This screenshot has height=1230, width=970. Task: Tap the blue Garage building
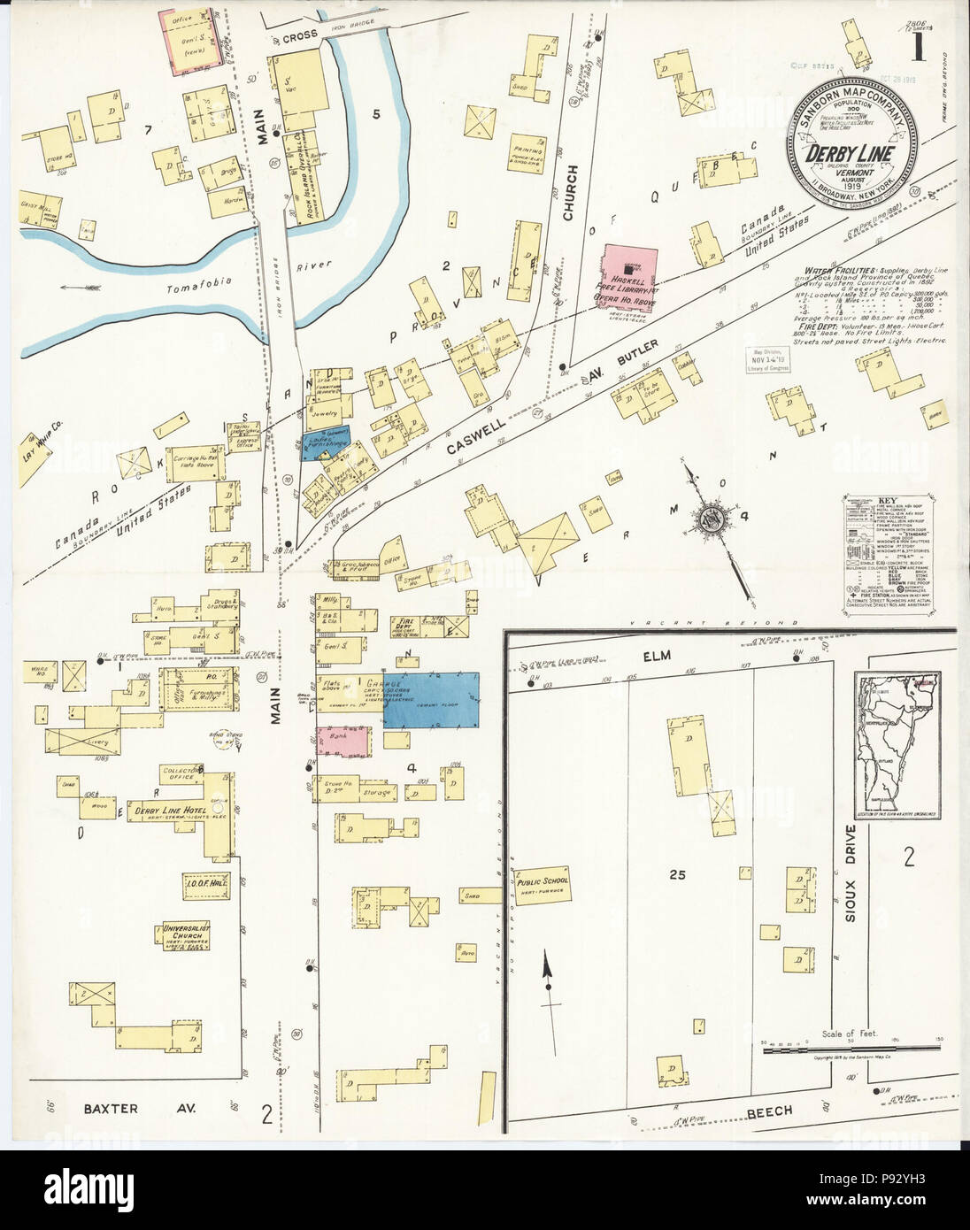pos(431,699)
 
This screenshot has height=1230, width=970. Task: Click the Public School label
pos(543,882)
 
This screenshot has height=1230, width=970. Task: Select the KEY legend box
pos(886,550)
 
